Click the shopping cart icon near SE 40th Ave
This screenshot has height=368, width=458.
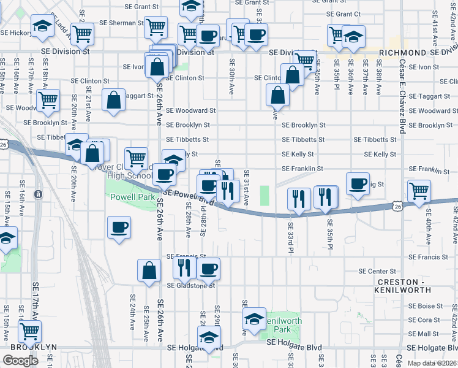[x=419, y=190]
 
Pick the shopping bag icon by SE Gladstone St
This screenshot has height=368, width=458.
[x=149, y=269]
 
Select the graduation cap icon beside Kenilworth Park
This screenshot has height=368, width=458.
[x=254, y=318]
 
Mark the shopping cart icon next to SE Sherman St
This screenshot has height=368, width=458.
[x=157, y=26]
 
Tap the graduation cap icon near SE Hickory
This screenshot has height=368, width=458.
[x=42, y=26]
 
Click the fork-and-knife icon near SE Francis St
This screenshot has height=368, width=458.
[x=182, y=267]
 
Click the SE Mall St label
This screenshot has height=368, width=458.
[x=425, y=334]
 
